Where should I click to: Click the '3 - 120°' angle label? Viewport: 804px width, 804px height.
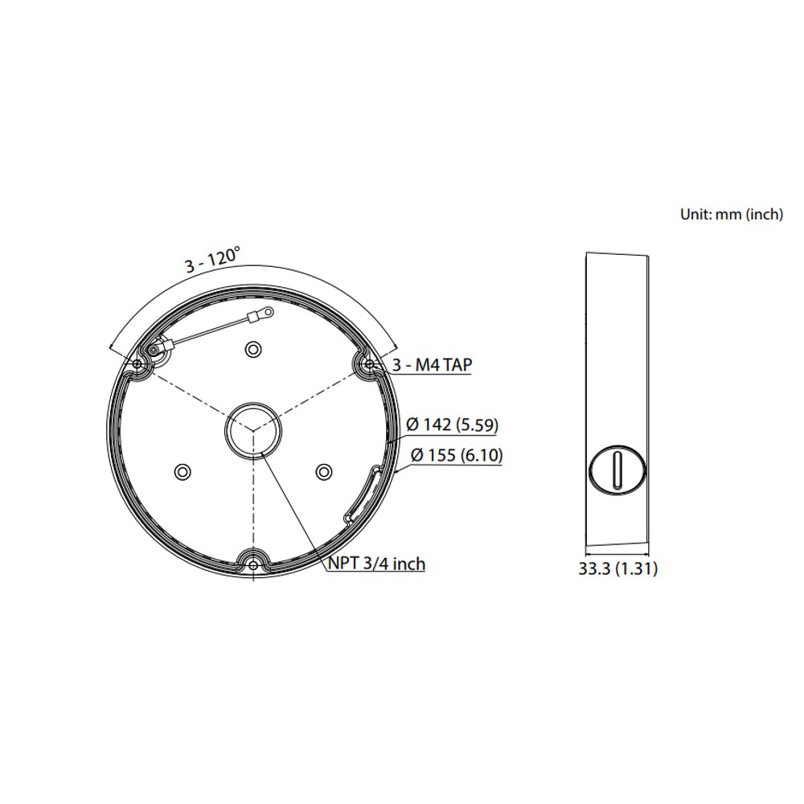click(x=212, y=260)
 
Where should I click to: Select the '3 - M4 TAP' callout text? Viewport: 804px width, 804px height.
click(x=432, y=364)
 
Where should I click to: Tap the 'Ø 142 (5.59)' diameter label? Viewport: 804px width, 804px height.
click(x=452, y=425)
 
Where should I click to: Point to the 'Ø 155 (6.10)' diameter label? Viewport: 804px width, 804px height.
click(x=457, y=455)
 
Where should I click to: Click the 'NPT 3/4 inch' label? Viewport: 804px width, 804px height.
click(x=376, y=564)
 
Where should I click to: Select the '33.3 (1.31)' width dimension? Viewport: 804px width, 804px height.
click(x=617, y=568)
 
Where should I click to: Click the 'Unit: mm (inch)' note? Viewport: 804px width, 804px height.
click(x=732, y=215)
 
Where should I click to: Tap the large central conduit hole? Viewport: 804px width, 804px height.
click(x=253, y=429)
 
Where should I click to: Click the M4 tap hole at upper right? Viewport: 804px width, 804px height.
click(x=370, y=363)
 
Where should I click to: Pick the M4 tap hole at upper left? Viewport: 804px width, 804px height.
click(x=137, y=363)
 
